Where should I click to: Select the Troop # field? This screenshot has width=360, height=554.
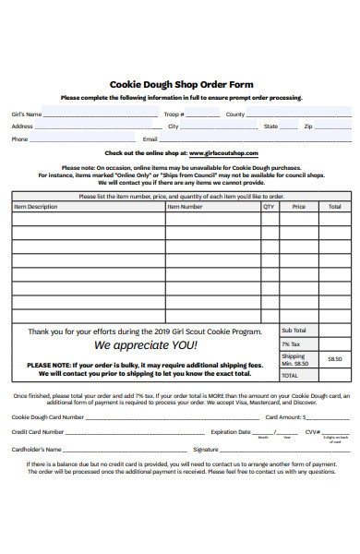coord(202,115)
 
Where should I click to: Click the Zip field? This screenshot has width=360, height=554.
coord(332,127)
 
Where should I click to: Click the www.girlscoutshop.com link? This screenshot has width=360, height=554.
coord(224,153)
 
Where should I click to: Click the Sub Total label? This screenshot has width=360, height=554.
coord(294,331)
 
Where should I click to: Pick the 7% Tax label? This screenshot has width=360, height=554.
coord(291,344)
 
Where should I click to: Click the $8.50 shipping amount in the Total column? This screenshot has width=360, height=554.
coord(334,359)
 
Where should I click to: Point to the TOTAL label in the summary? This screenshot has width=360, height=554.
coord(290,376)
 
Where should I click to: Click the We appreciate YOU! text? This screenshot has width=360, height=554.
coord(146,345)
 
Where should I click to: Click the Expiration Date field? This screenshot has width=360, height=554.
coord(268,432)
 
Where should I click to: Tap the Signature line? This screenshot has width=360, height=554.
coord(268,450)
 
